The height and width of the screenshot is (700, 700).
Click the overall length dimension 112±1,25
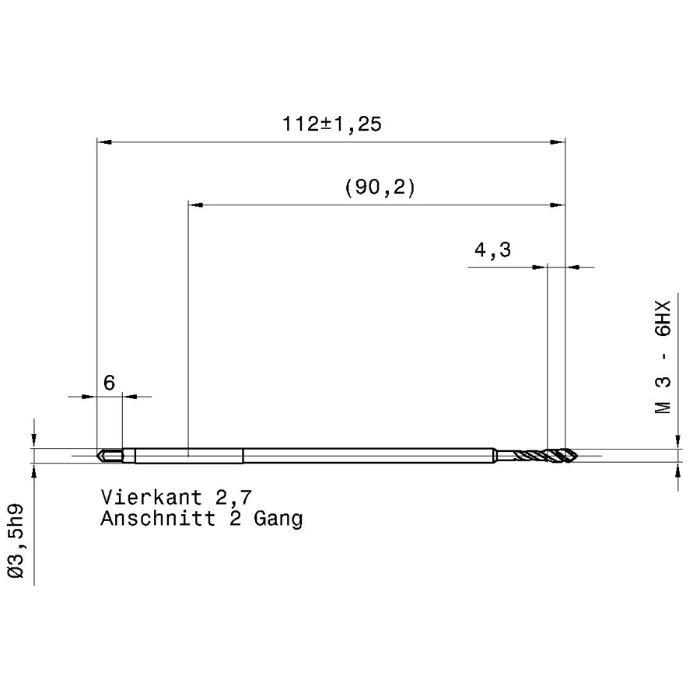(332, 124)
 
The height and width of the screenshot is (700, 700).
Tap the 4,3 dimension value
(492, 250)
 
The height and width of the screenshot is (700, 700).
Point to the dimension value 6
(110, 383)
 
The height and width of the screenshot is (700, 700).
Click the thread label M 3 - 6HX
(663, 357)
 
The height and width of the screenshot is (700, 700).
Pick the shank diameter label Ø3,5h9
(16, 541)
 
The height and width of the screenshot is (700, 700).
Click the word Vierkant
(152, 497)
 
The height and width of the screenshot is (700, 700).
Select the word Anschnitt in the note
(158, 518)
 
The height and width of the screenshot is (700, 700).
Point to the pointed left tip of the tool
(97, 456)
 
